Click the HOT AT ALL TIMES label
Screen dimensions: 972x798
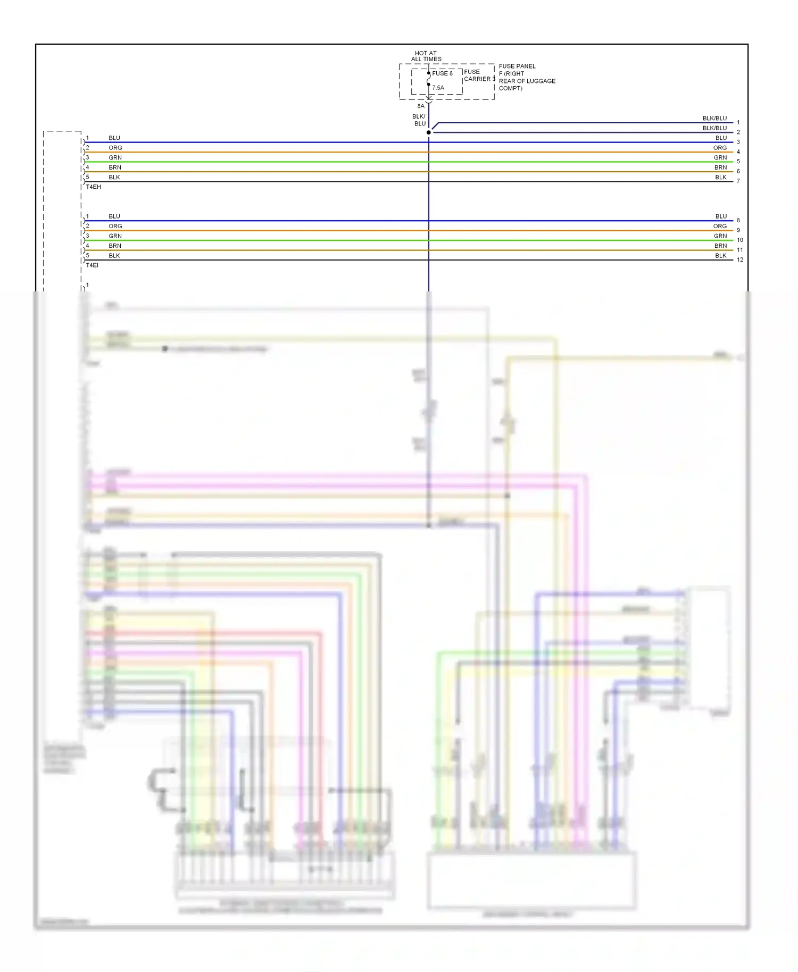(x=426, y=56)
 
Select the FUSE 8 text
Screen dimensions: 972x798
(x=442, y=73)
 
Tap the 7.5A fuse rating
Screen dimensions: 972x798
(x=438, y=88)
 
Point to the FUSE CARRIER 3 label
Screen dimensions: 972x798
(x=479, y=76)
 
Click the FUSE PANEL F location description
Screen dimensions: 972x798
(x=527, y=77)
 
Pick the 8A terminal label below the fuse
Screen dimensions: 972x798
(x=421, y=106)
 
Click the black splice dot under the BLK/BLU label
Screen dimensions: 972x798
(x=429, y=132)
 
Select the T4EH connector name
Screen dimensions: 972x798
(x=94, y=187)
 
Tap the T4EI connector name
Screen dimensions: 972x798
(x=92, y=265)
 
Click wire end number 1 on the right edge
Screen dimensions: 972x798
(x=738, y=123)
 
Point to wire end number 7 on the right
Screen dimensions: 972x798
(x=738, y=181)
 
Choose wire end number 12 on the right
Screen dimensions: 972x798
(x=739, y=260)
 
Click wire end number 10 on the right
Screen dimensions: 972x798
(x=739, y=240)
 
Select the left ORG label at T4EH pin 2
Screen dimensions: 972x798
(x=115, y=148)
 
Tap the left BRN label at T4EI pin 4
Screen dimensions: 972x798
(x=115, y=246)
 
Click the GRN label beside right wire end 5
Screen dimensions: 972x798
(x=720, y=158)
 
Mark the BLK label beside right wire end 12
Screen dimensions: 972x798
(x=720, y=256)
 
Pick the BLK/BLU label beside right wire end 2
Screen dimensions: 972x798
(x=714, y=128)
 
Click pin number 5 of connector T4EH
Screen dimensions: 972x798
(x=88, y=177)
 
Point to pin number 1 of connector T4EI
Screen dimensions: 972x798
(x=88, y=216)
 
